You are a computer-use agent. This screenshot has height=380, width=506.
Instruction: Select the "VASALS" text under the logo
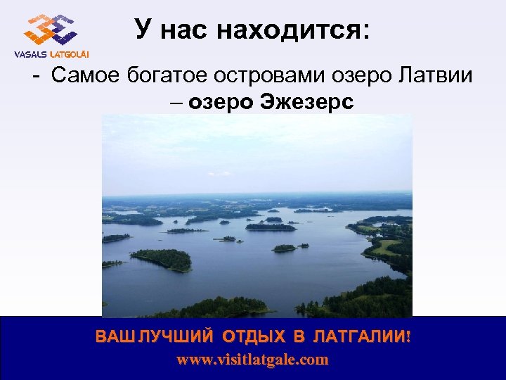[30, 55]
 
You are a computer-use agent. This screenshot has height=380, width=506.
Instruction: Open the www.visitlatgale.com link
[252, 360]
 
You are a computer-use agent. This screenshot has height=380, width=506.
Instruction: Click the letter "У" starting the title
[143, 30]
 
